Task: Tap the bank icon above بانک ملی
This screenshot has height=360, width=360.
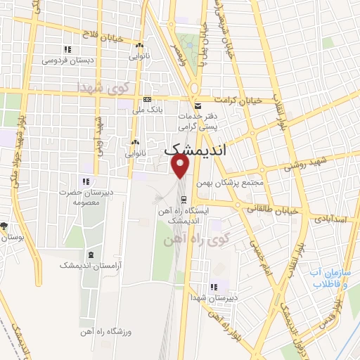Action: click(147, 99)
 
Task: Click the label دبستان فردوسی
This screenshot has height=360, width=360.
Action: click(67, 60)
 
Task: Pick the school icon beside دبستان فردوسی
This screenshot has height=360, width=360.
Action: click(67, 49)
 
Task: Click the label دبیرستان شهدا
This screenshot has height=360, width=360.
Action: click(214, 297)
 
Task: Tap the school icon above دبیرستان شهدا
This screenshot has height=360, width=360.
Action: click(214, 286)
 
